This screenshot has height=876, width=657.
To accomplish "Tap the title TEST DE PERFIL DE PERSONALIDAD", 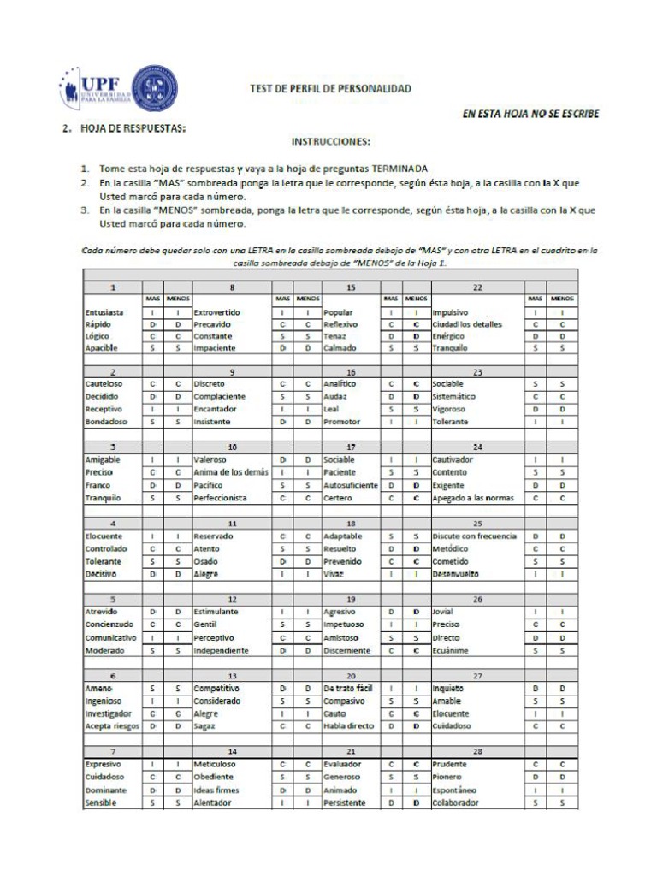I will pyautogui.click(x=330, y=88).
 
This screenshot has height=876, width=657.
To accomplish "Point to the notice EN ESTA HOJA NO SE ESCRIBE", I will pyautogui.click(x=530, y=114).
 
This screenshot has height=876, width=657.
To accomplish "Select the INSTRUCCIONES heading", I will pyautogui.click(x=330, y=141).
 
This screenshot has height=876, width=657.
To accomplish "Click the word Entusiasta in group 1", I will pyautogui.click(x=104, y=313).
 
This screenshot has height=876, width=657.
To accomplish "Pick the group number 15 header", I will pyautogui.click(x=351, y=288).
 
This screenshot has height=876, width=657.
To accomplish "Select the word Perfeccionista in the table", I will pyautogui.click(x=221, y=498).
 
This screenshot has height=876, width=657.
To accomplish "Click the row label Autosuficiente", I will pyautogui.click(x=351, y=486).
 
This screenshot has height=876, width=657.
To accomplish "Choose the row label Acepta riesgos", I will pyautogui.click(x=111, y=725).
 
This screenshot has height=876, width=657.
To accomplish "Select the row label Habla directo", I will pyautogui.click(x=347, y=725).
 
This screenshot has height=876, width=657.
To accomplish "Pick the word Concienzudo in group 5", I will pyautogui.click(x=109, y=624).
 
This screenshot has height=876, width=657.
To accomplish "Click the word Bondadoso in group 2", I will pyautogui.click(x=107, y=421).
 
